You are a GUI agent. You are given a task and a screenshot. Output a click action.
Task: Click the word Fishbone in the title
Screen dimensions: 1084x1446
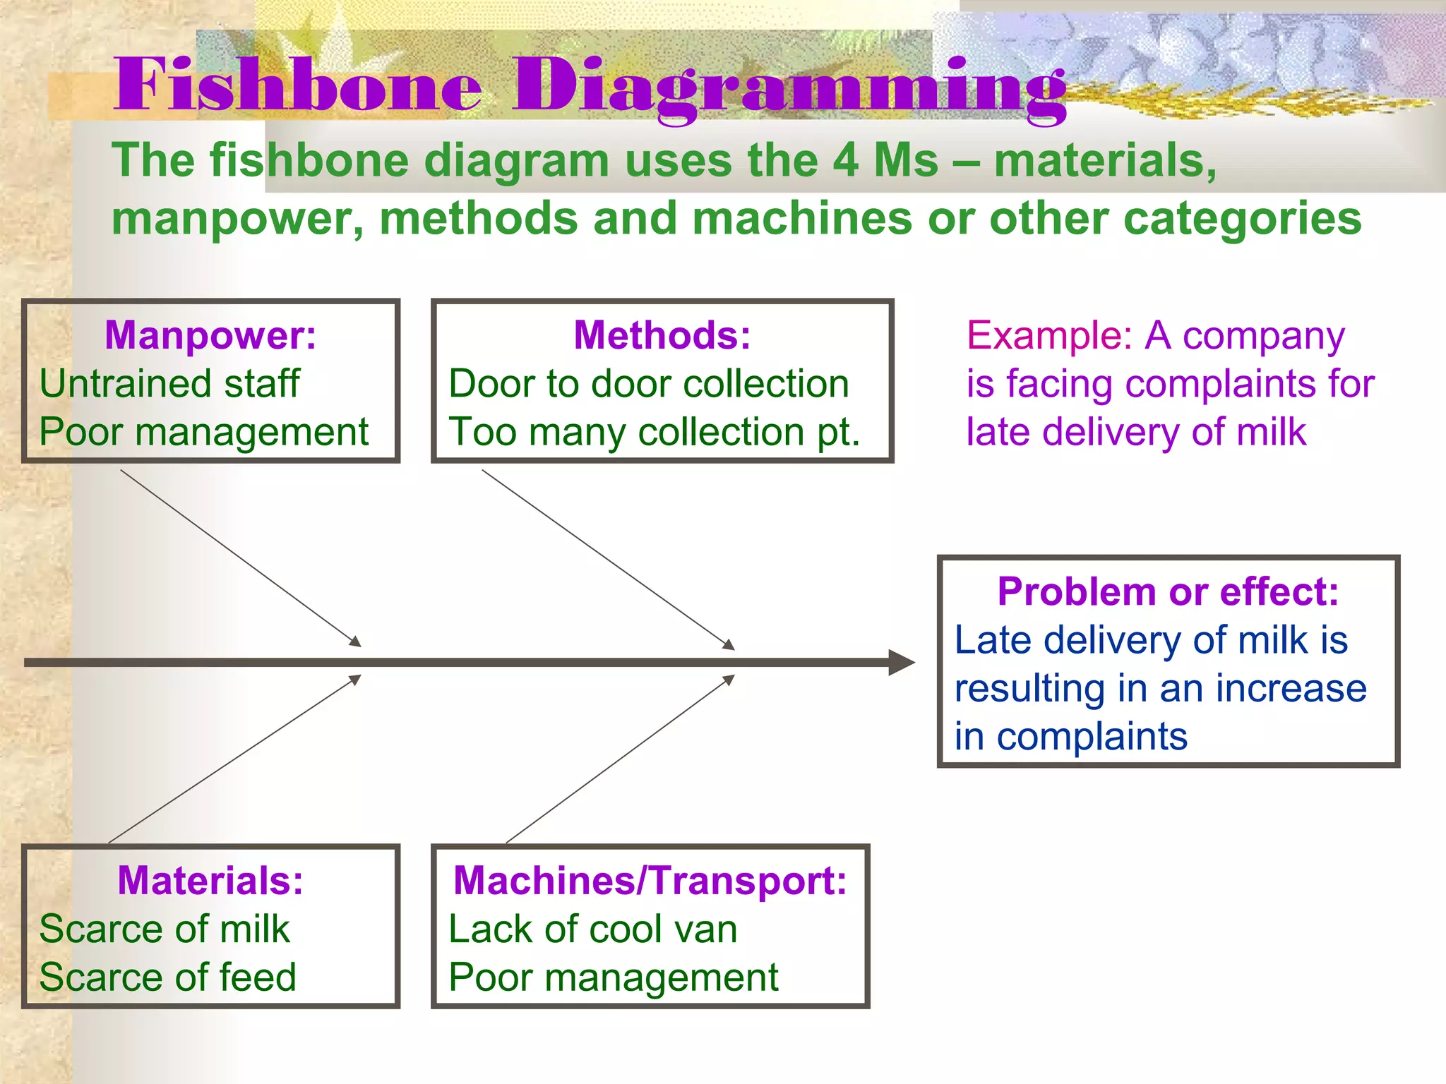297,86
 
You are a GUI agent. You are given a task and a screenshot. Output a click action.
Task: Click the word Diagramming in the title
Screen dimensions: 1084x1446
789,89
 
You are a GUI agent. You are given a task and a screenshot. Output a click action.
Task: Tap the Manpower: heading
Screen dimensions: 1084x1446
210,335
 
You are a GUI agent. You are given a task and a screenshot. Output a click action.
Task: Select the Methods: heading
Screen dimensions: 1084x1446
662,335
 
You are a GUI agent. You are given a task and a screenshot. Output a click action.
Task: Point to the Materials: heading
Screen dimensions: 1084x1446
210,881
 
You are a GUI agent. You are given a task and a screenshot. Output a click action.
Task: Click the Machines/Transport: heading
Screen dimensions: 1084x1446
650,881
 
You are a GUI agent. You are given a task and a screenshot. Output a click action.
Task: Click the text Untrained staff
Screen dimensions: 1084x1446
169,384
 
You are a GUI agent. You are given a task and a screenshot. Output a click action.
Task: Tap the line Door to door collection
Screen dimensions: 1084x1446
648,384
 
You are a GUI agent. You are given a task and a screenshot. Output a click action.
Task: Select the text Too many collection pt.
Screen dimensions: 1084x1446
655,432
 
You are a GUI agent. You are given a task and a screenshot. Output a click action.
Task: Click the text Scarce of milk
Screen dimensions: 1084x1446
164,929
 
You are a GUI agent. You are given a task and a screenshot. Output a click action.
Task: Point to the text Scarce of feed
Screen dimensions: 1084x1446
167,977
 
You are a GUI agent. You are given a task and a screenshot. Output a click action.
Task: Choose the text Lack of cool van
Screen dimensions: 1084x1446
593,929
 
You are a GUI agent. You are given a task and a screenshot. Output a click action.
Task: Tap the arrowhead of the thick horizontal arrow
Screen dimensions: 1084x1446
902,663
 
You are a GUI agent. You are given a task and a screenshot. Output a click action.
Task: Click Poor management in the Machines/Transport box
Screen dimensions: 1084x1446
613,977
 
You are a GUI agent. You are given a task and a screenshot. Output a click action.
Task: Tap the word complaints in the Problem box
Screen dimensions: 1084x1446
1092,737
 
